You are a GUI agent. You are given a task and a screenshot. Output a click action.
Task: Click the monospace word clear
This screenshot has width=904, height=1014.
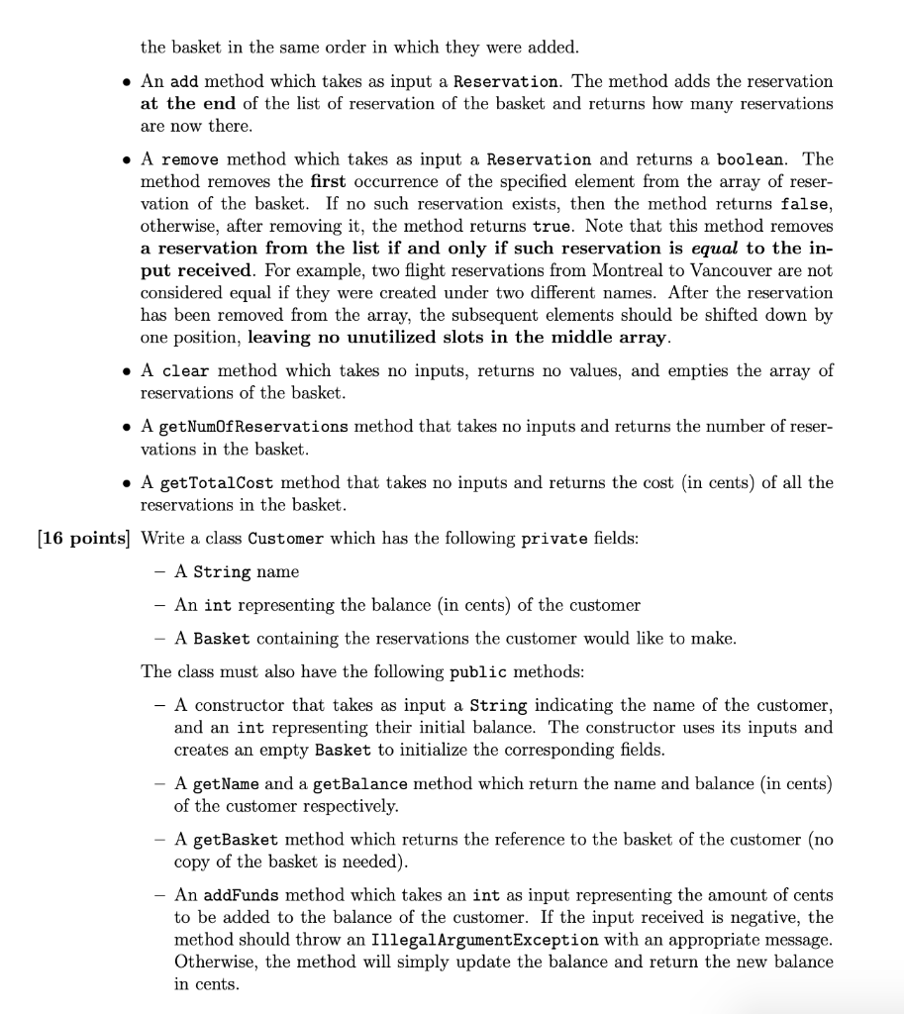coord(184,371)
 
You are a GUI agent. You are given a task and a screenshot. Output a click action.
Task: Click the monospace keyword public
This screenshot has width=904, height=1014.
coord(478,672)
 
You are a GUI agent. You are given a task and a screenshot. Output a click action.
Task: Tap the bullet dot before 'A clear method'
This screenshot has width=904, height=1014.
coord(126,371)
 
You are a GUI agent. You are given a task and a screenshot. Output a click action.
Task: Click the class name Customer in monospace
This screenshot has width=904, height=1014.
coord(286,540)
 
